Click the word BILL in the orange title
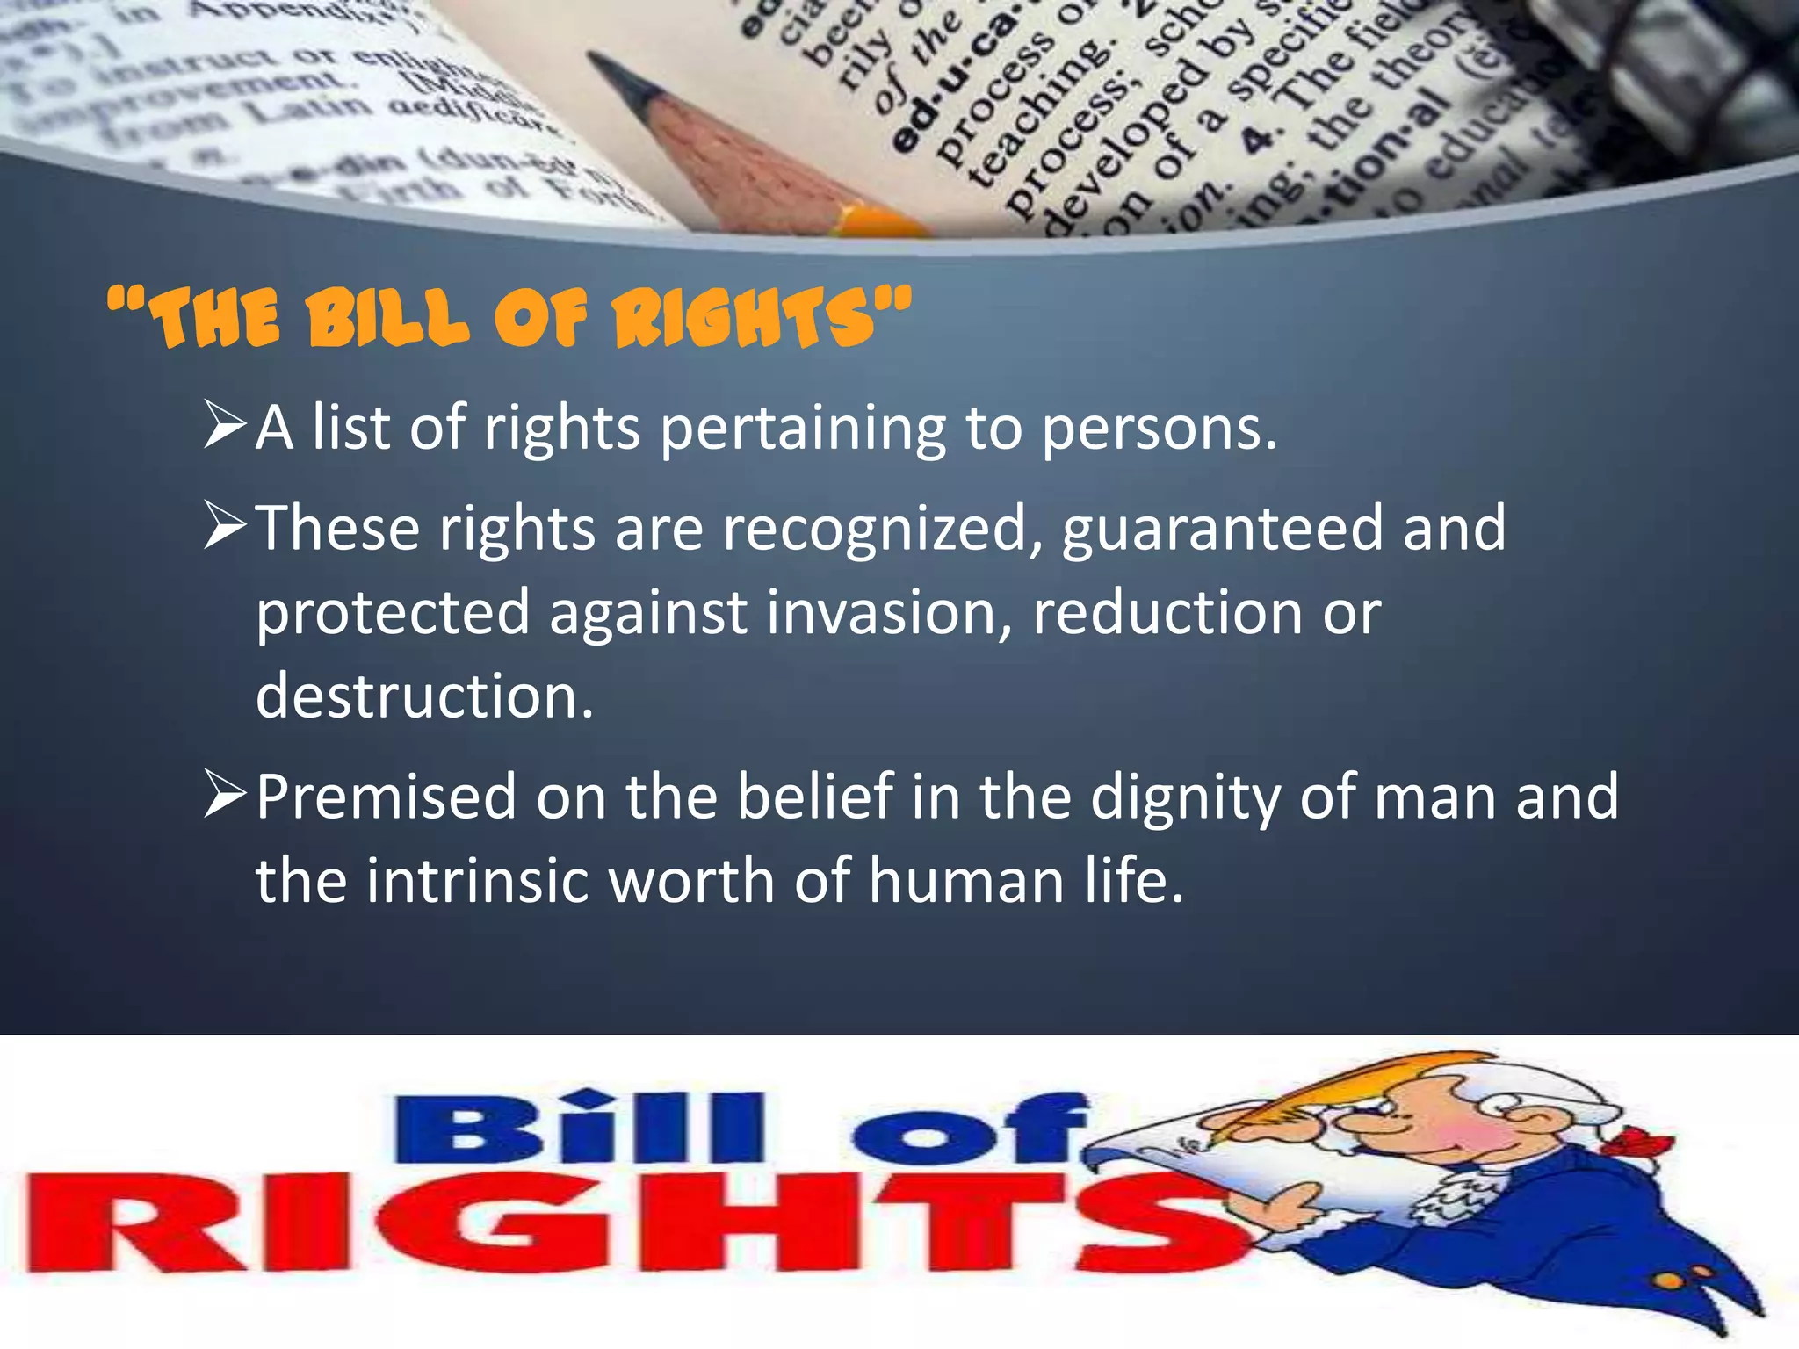[387, 318]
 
